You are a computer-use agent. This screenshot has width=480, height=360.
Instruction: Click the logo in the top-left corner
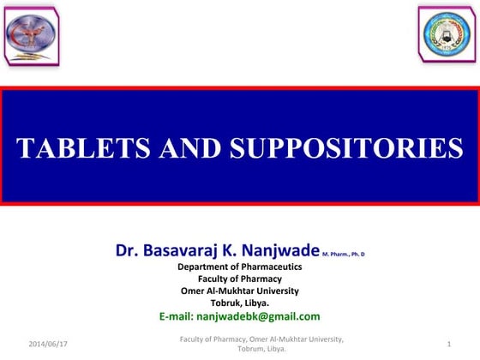point(33,33)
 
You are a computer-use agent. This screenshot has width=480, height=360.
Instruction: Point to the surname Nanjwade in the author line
point(275,251)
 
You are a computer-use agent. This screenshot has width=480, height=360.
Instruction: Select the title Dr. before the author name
point(126,251)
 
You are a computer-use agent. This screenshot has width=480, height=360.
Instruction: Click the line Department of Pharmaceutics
point(239,267)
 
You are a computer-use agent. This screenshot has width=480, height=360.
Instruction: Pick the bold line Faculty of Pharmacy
point(239,279)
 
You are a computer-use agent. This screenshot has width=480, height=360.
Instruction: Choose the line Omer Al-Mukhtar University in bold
point(239,291)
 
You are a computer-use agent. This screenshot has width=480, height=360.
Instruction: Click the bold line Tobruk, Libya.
point(239,303)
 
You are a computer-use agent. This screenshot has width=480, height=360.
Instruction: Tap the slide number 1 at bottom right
point(449,343)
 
